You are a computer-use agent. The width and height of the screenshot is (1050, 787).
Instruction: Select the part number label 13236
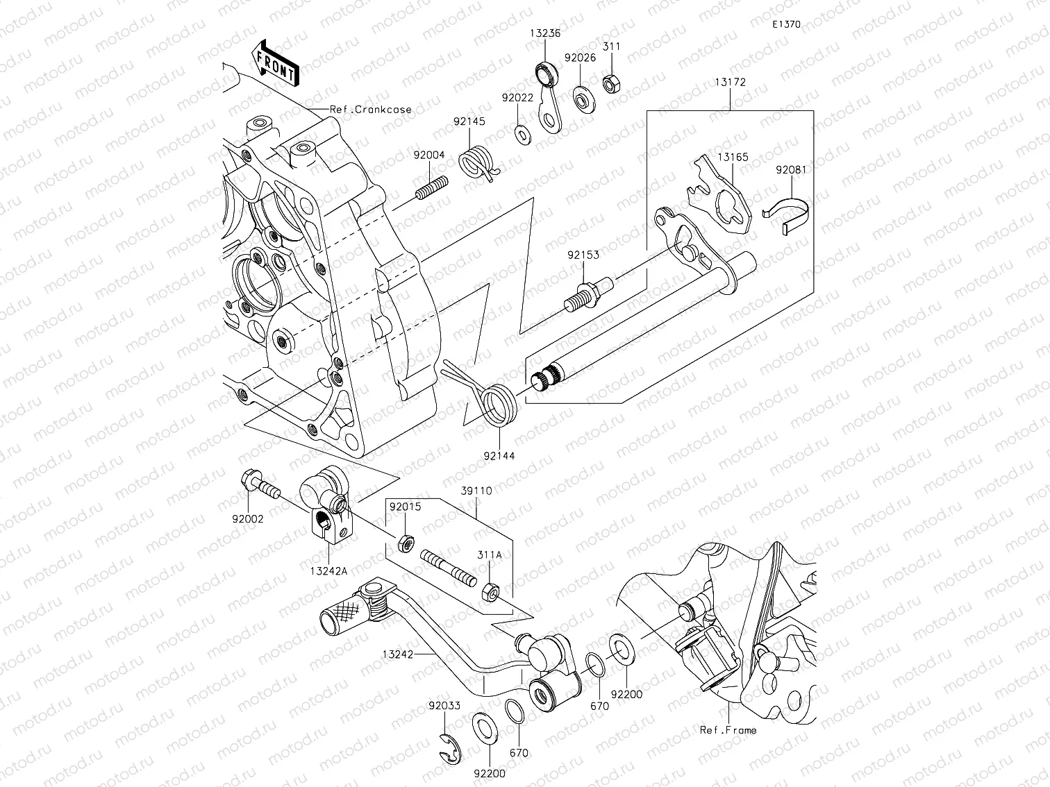click(544, 33)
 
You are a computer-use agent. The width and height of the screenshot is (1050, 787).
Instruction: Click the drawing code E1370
click(786, 24)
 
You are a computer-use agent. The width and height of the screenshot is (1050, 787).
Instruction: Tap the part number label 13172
click(730, 82)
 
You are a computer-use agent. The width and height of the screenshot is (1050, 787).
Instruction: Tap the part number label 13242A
click(329, 570)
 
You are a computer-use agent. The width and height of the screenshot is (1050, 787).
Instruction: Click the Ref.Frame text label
click(728, 729)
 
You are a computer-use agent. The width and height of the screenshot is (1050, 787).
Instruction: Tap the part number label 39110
click(476, 491)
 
